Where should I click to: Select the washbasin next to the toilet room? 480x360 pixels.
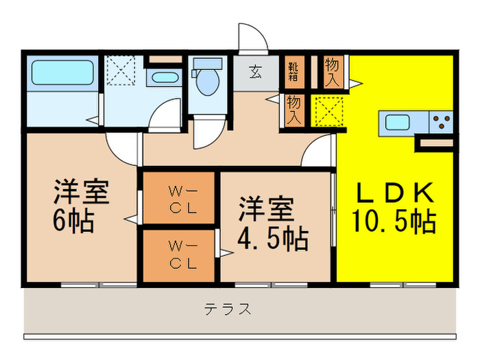click(165, 76)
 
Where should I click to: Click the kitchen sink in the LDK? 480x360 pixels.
click(398, 123)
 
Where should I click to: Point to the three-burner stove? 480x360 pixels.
click(441, 123)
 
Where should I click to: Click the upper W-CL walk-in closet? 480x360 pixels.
click(182, 199)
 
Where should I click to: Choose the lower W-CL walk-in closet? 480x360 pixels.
click(182, 254)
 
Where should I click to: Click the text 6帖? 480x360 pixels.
click(74, 222)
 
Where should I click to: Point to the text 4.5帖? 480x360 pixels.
click(273, 239)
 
